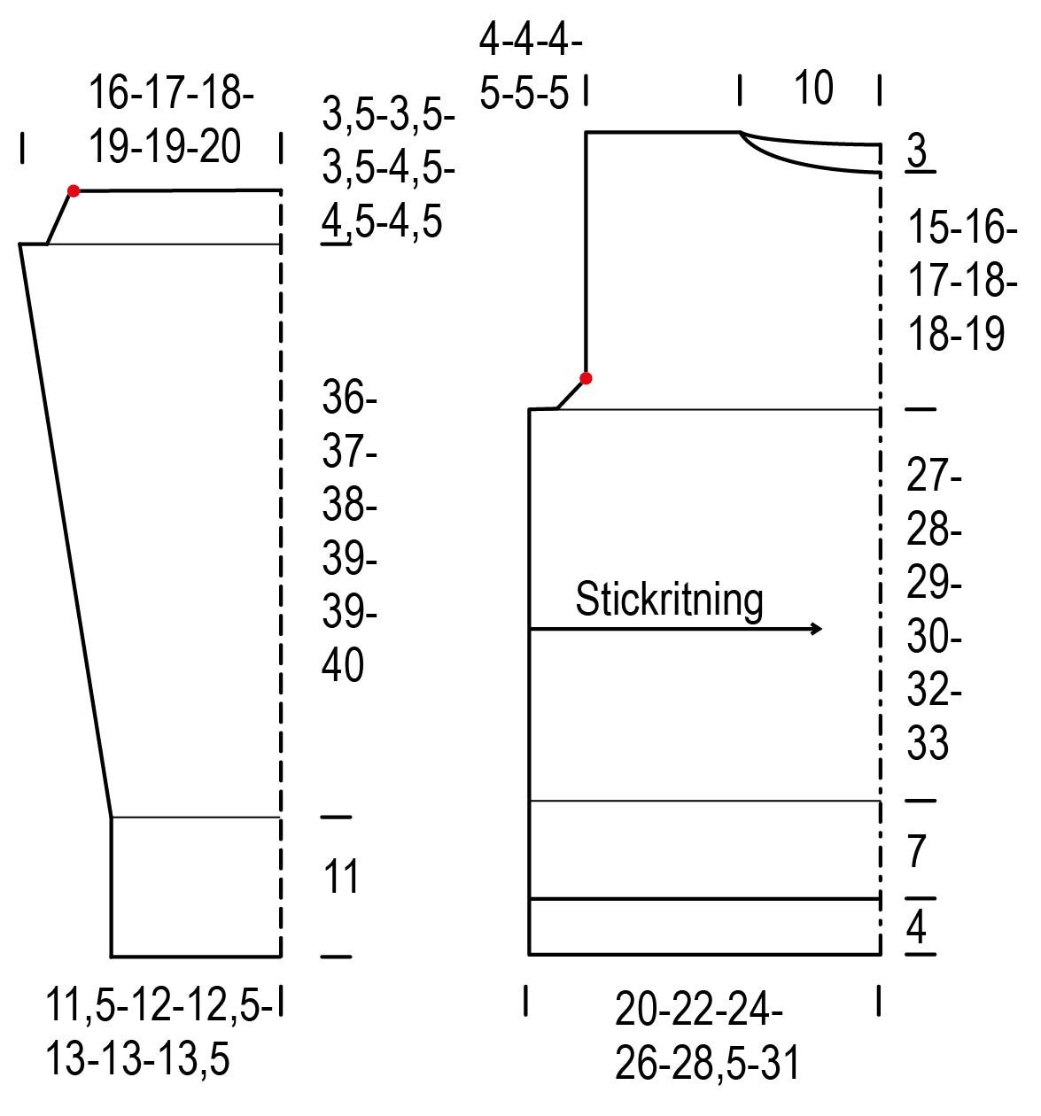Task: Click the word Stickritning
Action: [x=668, y=601]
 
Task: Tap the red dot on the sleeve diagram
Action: [x=73, y=191]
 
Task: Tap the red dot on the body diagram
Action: [x=585, y=378]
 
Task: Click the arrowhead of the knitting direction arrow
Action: [x=816, y=629]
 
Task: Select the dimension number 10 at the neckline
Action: [x=812, y=88]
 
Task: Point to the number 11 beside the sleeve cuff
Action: [x=340, y=876]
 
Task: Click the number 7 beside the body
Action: [x=917, y=851]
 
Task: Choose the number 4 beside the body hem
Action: [x=917, y=927]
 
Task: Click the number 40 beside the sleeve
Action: [x=342, y=665]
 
